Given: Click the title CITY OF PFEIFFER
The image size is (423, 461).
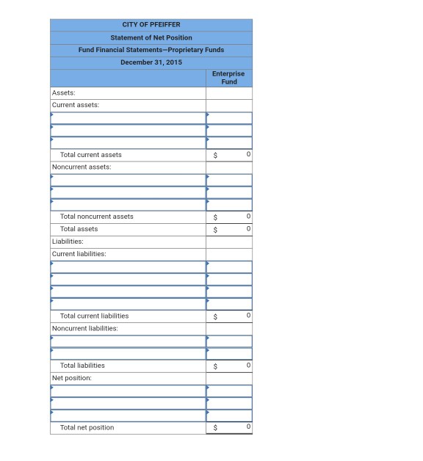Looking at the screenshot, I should (151, 25).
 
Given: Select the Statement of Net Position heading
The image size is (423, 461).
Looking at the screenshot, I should (151, 37).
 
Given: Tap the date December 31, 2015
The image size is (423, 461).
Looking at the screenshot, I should (151, 62).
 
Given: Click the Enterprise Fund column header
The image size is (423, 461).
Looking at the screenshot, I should (228, 78).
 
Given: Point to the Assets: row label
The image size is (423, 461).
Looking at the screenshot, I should (64, 93).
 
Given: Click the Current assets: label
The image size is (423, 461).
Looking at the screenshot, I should (75, 105).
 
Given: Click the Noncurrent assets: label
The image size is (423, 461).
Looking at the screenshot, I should (81, 167).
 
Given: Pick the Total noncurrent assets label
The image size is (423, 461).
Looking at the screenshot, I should (96, 217).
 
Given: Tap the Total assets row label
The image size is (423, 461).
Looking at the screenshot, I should (79, 229).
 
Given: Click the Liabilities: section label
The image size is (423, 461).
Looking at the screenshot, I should (68, 241).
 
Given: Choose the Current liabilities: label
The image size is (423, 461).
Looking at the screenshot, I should (79, 254).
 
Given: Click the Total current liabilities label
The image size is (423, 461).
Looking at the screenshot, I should (94, 316).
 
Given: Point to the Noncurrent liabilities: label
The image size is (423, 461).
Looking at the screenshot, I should (84, 328).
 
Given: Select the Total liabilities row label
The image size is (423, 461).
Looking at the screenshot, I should (82, 366).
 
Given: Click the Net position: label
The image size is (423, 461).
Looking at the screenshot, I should (71, 378).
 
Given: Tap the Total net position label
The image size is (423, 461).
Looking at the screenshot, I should (87, 427).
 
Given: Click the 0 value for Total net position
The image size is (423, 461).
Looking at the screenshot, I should (249, 427).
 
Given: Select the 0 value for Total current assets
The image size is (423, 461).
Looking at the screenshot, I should (249, 155).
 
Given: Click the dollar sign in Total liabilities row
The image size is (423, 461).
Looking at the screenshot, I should (215, 366).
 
